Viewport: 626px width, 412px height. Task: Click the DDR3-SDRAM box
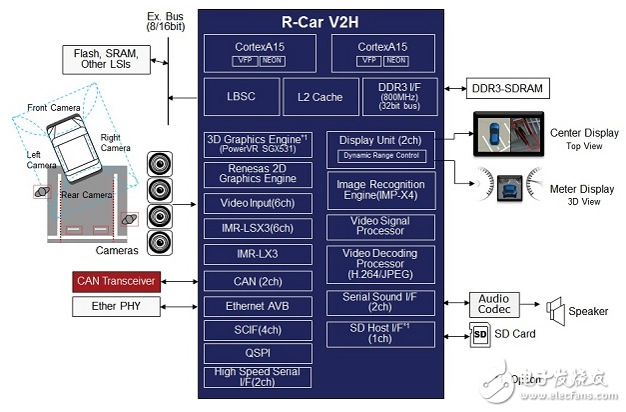508,88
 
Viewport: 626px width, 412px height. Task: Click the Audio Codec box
493,303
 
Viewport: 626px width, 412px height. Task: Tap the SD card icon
478,333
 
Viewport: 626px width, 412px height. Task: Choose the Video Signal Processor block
379,226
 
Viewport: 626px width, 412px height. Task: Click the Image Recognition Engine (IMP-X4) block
379,190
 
